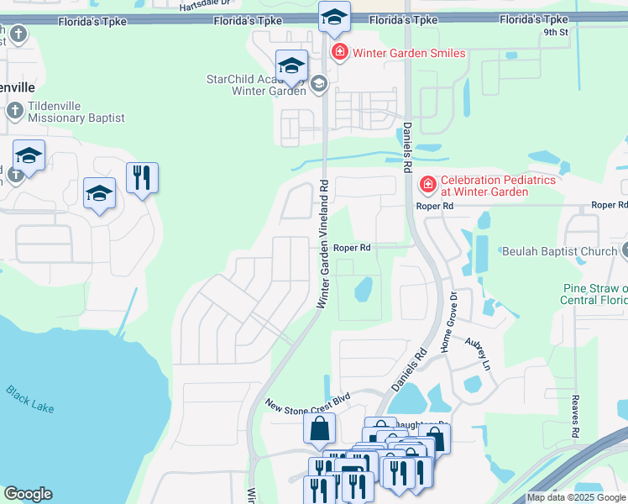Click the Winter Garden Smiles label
click(x=408, y=54)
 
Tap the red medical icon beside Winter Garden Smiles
click(x=339, y=54)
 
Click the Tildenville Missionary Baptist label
click(x=76, y=113)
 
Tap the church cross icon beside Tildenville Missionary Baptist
click(x=14, y=111)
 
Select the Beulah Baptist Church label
click(x=559, y=250)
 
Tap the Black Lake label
click(x=29, y=399)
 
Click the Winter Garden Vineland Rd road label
click(x=322, y=244)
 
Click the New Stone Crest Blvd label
click(x=307, y=402)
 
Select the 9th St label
click(x=555, y=33)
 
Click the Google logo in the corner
click(x=28, y=494)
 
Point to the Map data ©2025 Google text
click(x=576, y=497)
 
